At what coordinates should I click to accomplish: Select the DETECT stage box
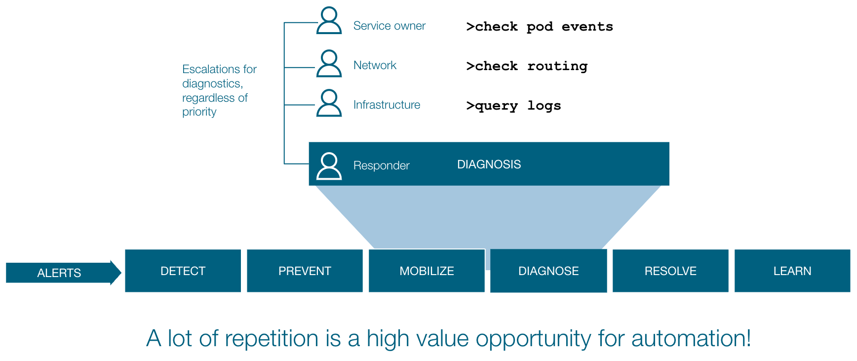(x=183, y=271)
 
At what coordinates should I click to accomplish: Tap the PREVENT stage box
(x=305, y=271)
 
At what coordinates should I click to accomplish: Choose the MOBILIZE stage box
(x=427, y=271)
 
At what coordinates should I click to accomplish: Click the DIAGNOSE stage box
(x=548, y=271)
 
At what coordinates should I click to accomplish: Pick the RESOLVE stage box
(x=670, y=271)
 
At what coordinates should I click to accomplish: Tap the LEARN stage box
(x=792, y=271)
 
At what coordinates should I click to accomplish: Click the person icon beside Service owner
(x=329, y=20)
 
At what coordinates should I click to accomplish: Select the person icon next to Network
(x=329, y=63)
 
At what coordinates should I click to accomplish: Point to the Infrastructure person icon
(x=329, y=103)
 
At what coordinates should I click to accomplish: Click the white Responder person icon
(x=329, y=166)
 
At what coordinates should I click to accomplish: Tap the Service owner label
(x=390, y=26)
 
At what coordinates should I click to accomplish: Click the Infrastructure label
(x=387, y=105)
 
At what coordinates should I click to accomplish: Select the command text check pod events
(x=540, y=27)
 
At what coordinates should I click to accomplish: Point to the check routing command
(x=527, y=66)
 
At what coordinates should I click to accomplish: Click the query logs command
(x=513, y=106)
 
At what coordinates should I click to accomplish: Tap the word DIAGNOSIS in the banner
(x=489, y=164)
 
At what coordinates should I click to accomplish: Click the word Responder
(x=382, y=165)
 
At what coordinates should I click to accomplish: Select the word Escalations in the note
(x=211, y=69)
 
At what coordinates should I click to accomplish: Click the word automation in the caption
(x=691, y=339)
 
